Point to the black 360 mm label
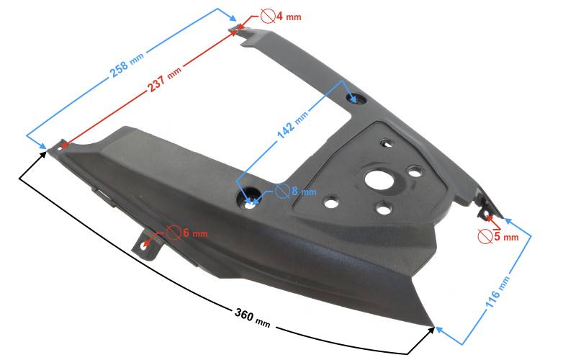coord(253,318)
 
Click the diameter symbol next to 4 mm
coord(268,16)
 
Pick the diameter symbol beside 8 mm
coord(282,191)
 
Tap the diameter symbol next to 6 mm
coord(174,233)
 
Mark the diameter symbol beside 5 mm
coord(485,236)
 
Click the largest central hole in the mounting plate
coord(379,179)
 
